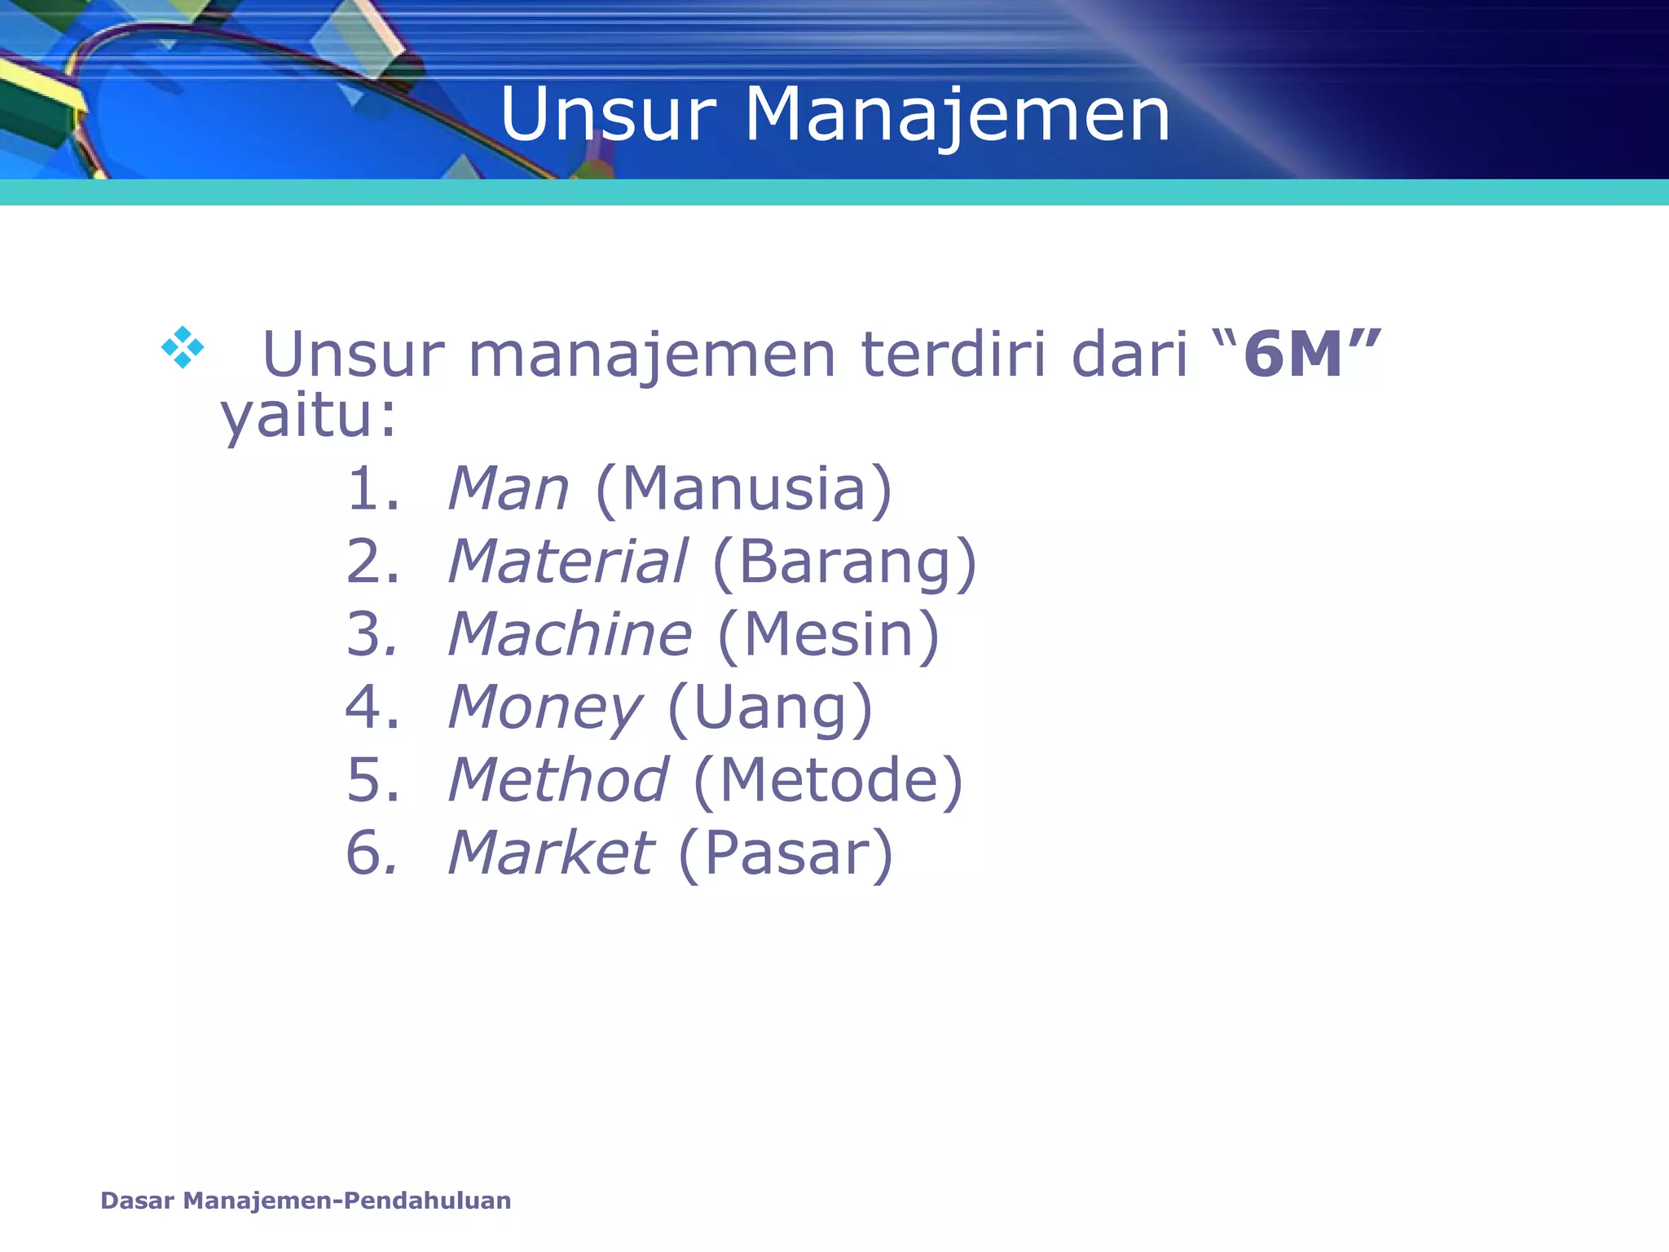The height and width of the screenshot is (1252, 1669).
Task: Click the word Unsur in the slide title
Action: [x=608, y=115]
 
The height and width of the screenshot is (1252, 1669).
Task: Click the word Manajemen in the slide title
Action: [x=958, y=115]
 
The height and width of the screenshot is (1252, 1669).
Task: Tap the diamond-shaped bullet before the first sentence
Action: [x=183, y=347]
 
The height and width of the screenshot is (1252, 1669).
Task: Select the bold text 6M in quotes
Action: [x=1293, y=355]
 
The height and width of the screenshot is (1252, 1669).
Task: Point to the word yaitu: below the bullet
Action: [x=309, y=416]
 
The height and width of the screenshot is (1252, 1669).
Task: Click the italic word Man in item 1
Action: [x=509, y=489]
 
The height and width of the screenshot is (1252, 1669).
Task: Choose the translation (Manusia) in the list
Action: [x=744, y=489]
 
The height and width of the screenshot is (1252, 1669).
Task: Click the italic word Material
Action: [x=568, y=562]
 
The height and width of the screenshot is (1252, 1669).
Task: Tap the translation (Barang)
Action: [x=843, y=562]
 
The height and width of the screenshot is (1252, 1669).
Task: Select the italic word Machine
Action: [x=570, y=634]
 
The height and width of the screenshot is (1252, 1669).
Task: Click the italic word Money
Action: [x=545, y=708]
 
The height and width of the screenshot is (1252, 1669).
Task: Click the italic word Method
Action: [x=558, y=780]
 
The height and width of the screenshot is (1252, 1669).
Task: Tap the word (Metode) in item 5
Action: [x=828, y=780]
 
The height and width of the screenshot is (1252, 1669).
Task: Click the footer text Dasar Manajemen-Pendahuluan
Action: [x=306, y=1201]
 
